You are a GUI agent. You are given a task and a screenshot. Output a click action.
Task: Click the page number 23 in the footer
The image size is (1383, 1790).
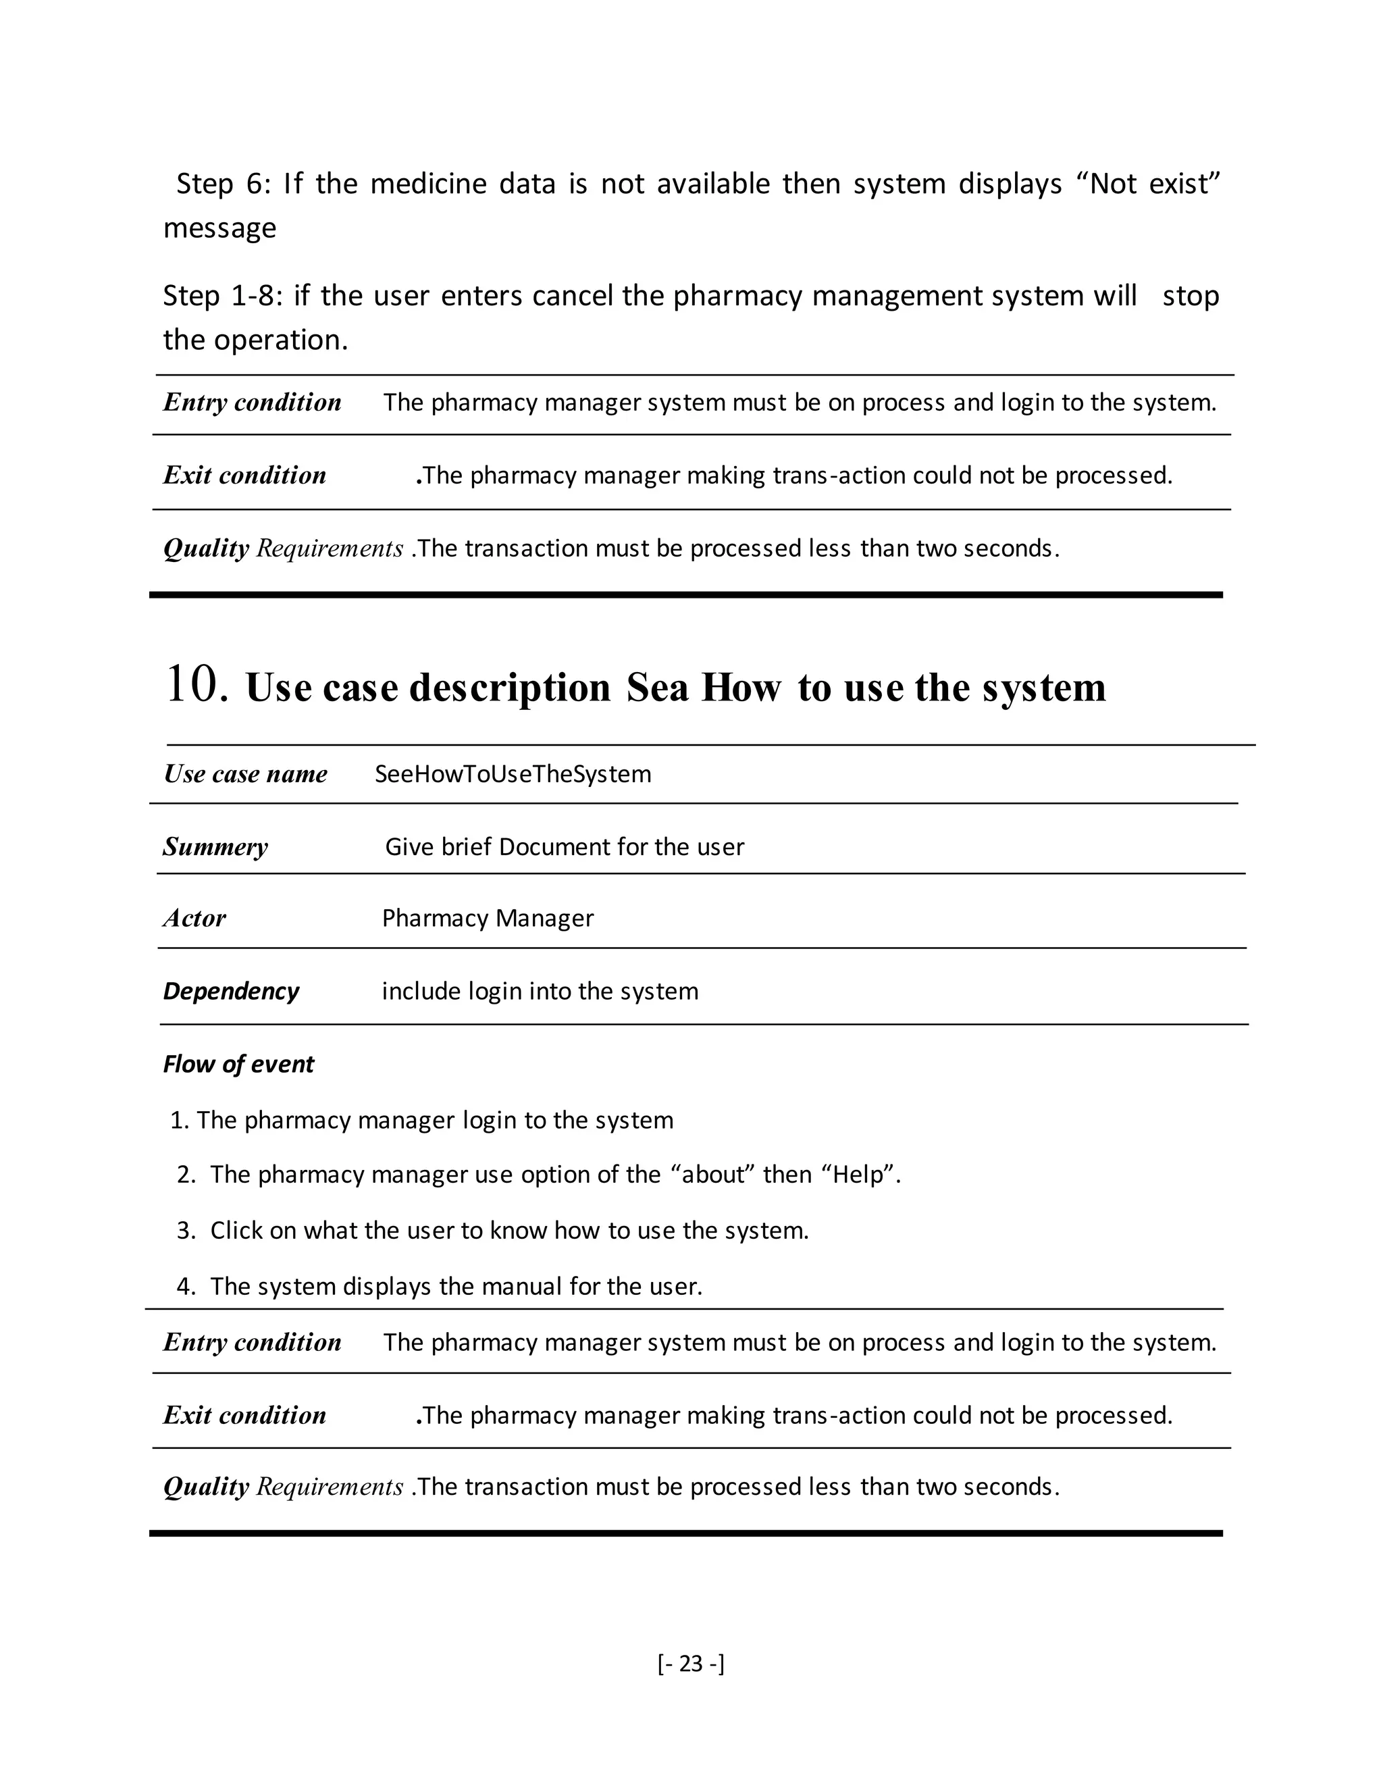[691, 1663]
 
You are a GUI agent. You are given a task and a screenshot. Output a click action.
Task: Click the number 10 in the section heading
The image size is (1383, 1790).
[195, 684]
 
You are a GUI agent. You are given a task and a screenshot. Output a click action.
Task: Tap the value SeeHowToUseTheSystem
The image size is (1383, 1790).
[513, 773]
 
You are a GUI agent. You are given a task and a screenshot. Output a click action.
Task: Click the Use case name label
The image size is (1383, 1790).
[245, 773]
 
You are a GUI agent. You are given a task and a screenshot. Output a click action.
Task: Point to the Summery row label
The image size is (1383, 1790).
[215, 846]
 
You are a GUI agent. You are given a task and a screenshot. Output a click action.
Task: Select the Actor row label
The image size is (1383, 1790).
[194, 918]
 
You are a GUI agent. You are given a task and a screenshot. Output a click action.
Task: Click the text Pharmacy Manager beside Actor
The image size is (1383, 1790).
[488, 918]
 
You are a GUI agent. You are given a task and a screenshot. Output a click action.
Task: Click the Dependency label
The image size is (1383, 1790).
[231, 991]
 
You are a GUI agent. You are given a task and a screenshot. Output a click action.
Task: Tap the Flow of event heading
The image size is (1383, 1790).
[238, 1064]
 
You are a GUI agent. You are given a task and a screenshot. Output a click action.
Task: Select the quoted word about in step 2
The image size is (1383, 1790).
[712, 1175]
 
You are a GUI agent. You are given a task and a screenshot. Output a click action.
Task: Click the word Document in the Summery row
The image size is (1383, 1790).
[554, 846]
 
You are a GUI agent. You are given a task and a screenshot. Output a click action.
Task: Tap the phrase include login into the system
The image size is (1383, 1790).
[540, 991]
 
